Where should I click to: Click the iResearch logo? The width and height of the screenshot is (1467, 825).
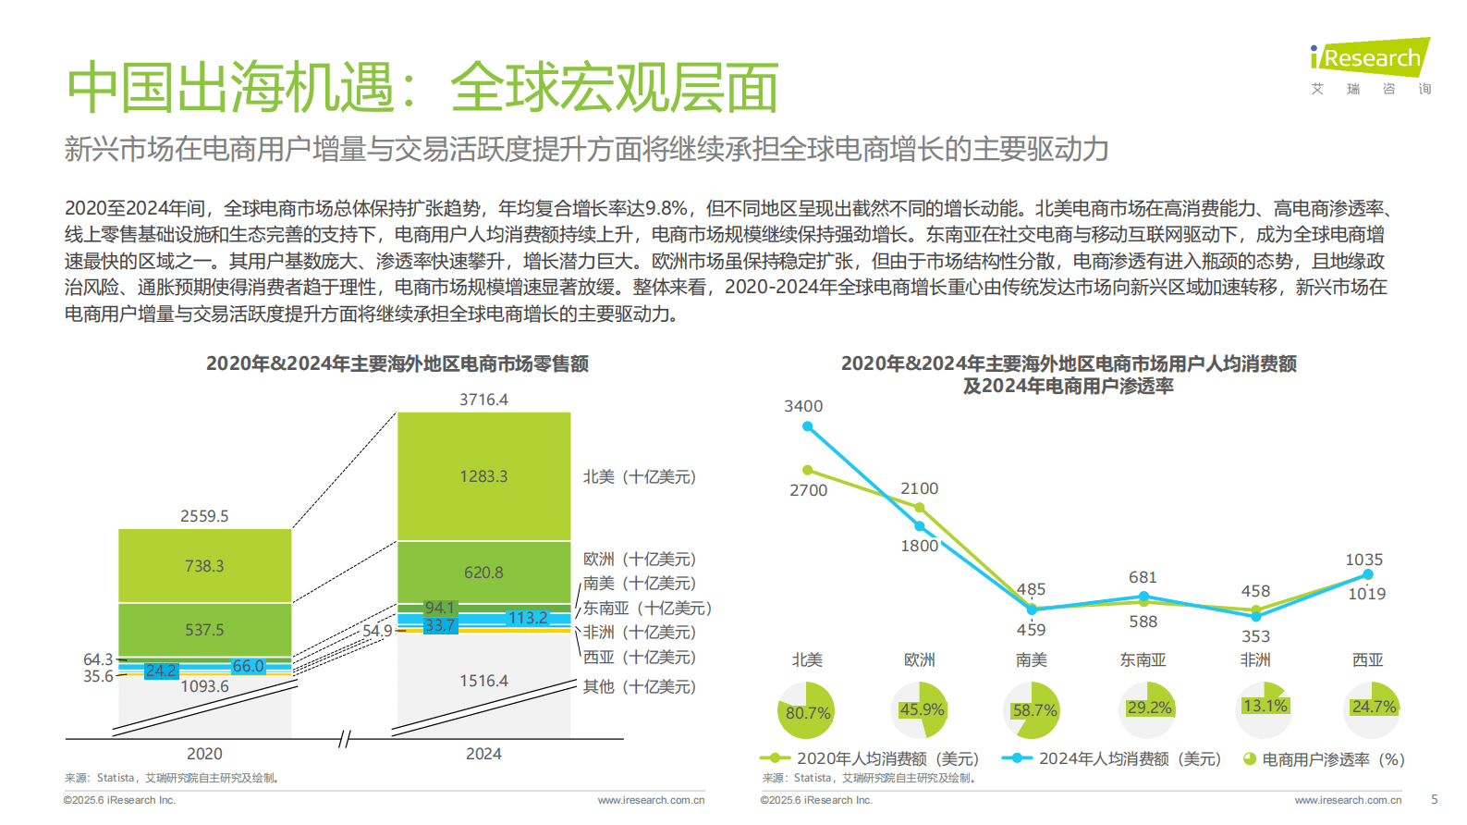point(1370,59)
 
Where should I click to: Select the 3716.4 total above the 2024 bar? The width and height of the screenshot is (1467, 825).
point(483,400)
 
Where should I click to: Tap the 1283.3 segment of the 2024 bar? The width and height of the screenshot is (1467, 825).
point(483,476)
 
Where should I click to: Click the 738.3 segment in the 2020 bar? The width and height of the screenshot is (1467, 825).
point(204,566)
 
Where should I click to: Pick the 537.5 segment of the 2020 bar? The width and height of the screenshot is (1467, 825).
point(204,630)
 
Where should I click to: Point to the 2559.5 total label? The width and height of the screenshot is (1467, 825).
point(204,516)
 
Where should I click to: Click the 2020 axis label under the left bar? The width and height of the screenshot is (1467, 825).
point(204,754)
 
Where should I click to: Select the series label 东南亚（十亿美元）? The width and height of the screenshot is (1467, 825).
point(647,608)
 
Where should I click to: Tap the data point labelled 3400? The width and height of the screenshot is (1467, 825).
point(807,426)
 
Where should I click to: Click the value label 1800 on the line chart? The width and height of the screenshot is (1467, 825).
point(919,546)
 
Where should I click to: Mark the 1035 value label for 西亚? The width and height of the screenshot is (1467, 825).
point(1363,560)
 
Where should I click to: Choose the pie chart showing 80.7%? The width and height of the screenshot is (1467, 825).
point(806,711)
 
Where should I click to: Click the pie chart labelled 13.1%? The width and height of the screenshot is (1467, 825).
point(1263,707)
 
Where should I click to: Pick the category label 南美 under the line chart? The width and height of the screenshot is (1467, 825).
point(1031,659)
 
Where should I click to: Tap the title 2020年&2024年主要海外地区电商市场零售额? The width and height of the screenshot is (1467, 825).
point(397,363)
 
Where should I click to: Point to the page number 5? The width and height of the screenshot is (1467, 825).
point(1434,799)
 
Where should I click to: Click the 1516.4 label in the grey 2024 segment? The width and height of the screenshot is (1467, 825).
point(483,681)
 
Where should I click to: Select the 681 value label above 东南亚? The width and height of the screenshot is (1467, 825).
point(1143,577)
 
